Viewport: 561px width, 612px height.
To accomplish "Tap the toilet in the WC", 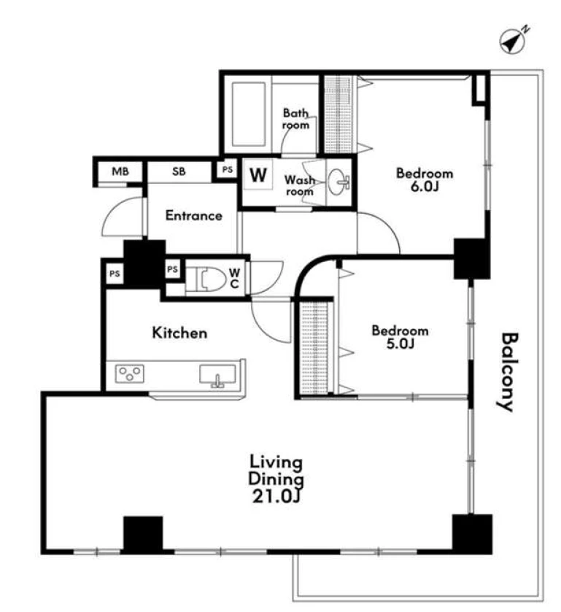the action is (x=207, y=279).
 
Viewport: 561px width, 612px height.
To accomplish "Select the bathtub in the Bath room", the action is (x=248, y=114).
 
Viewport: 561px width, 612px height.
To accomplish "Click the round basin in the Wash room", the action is (x=338, y=182).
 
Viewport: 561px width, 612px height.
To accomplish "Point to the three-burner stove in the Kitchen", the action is (x=129, y=373).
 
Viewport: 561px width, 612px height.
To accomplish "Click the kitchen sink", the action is (x=217, y=375).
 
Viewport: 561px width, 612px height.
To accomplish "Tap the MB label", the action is (x=120, y=171).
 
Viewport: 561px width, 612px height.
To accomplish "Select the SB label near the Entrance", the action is (x=179, y=171).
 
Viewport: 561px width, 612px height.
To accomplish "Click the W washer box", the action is (x=258, y=175).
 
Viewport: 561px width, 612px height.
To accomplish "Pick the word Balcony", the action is (x=509, y=371).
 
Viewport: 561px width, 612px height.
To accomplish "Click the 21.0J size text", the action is (x=276, y=497).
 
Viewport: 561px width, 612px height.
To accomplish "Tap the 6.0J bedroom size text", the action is (x=425, y=187).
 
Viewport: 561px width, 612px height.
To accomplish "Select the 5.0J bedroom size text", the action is (x=401, y=344).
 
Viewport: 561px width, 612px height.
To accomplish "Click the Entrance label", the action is (x=193, y=215).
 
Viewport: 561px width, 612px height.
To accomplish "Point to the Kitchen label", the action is (x=179, y=333).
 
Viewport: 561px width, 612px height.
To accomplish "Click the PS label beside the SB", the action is (x=227, y=169).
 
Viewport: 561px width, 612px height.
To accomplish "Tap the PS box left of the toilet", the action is (x=173, y=269).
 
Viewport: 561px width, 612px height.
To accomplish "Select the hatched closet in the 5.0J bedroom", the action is (x=314, y=348).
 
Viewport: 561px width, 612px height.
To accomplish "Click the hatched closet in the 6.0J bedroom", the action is (x=338, y=115).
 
